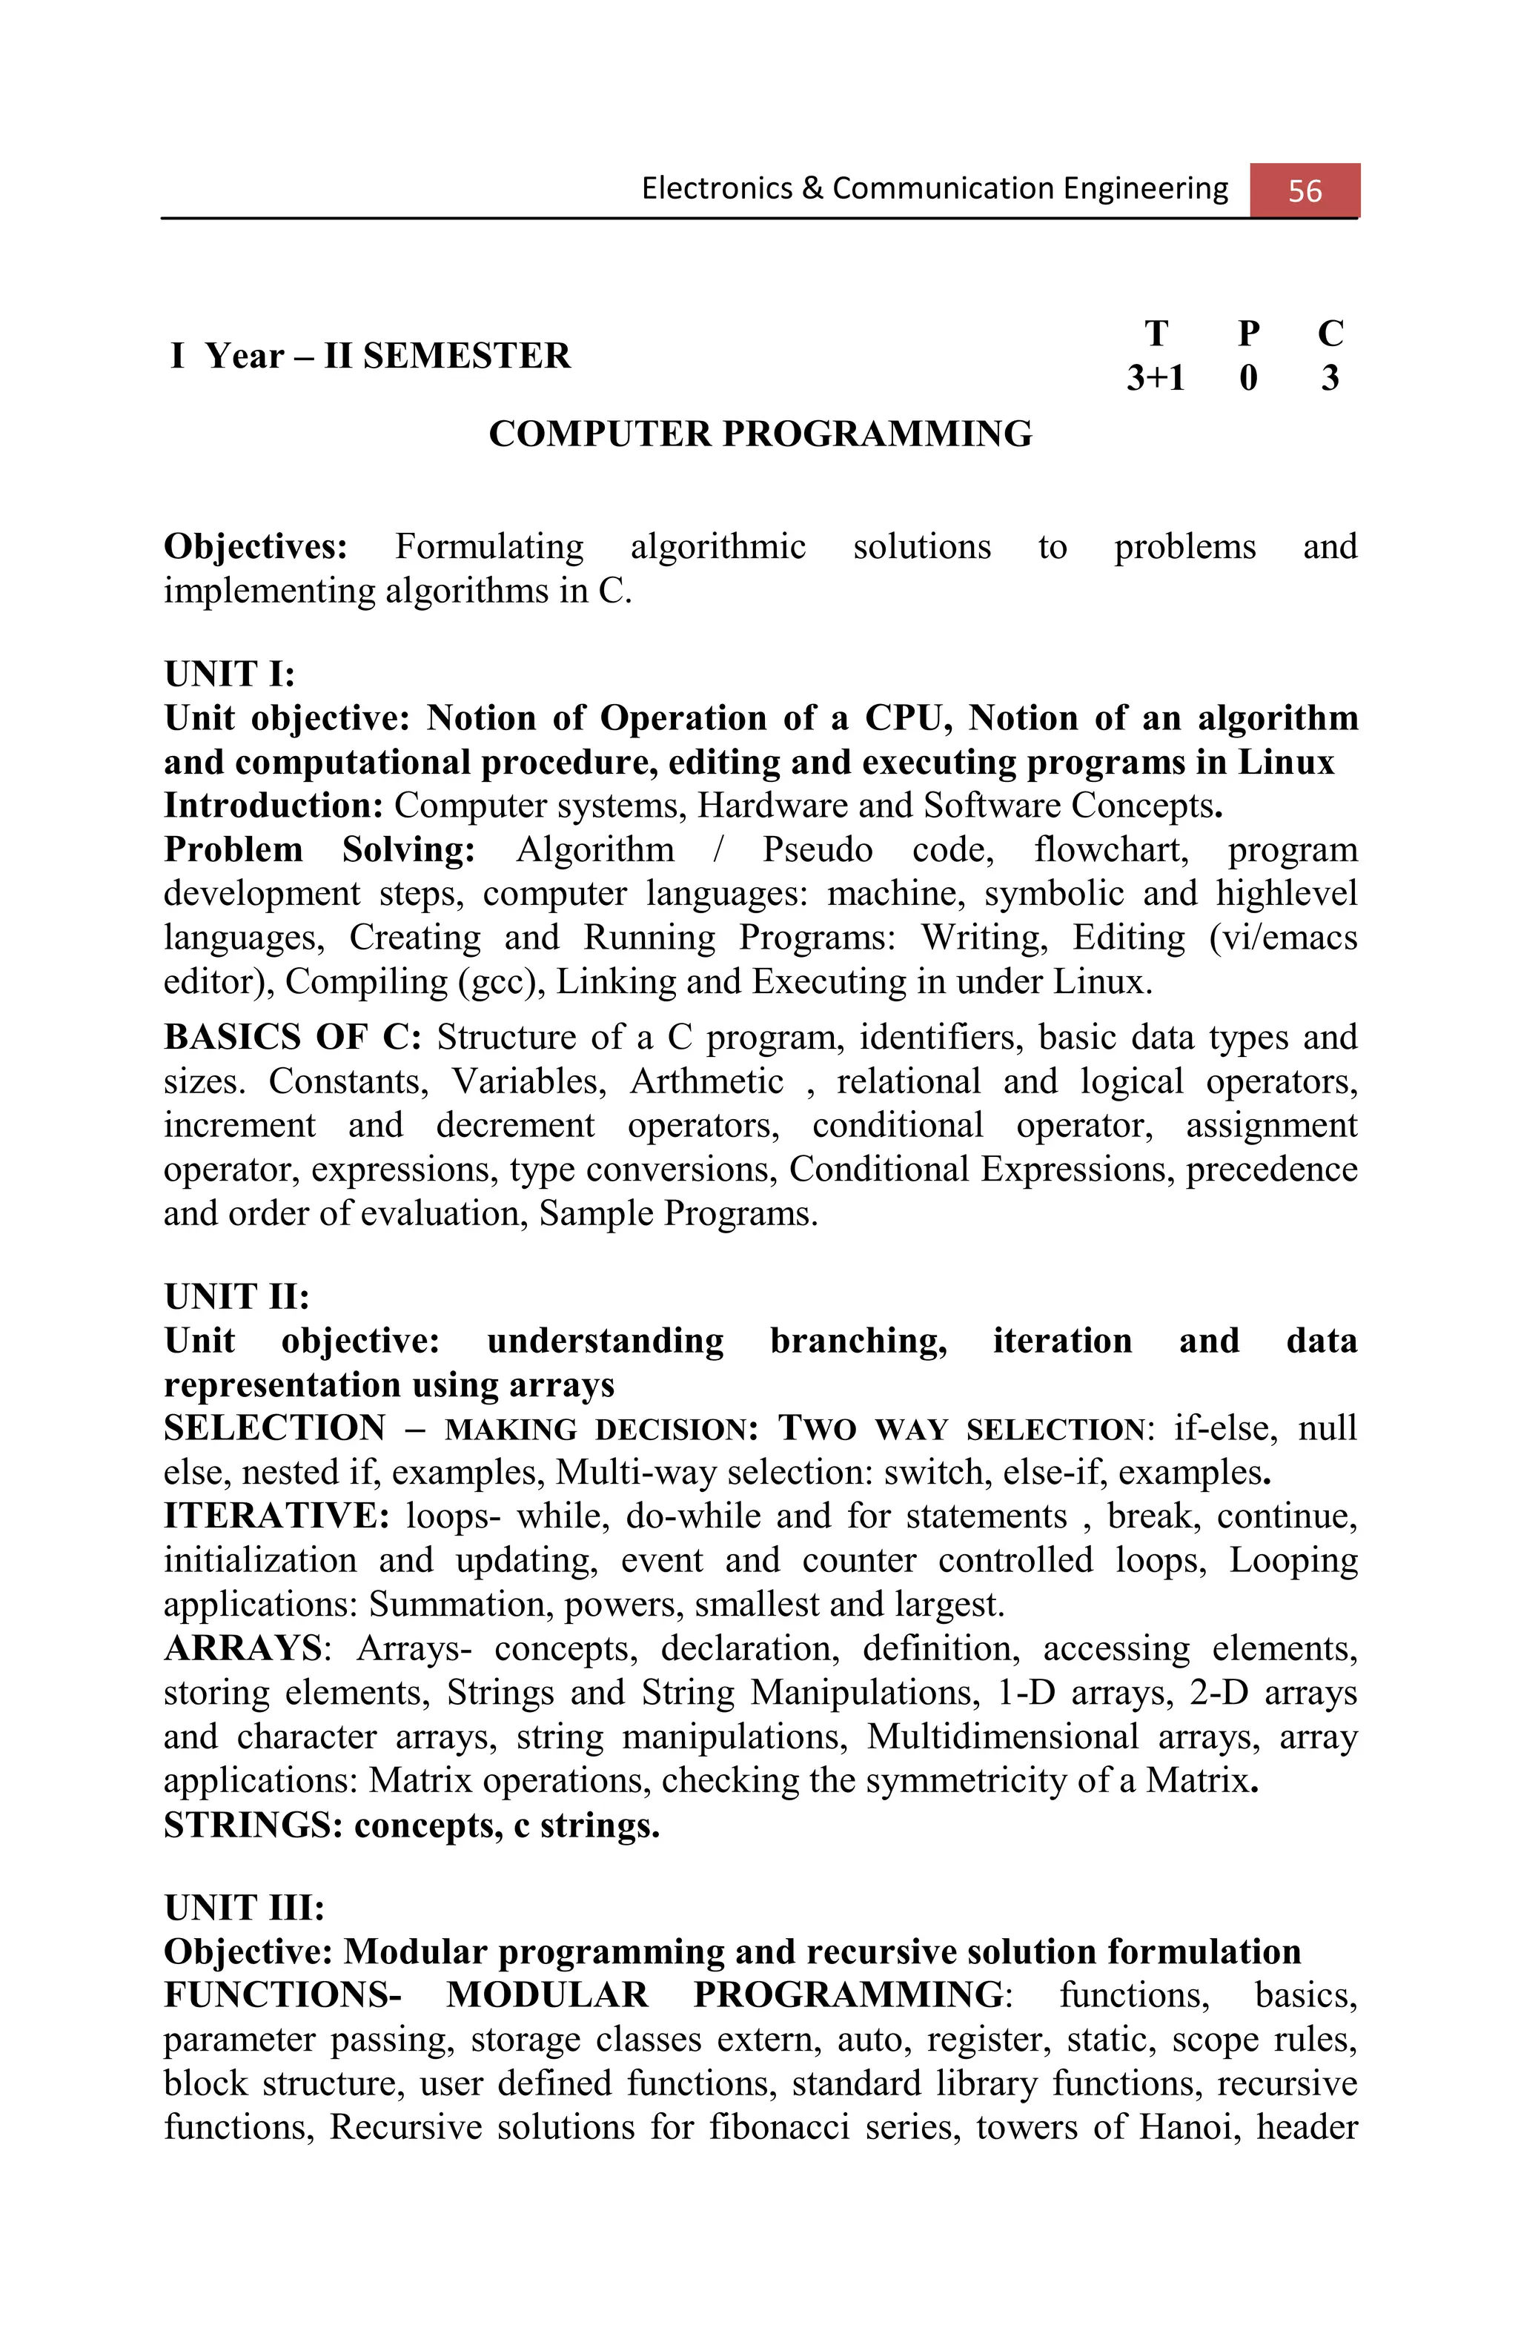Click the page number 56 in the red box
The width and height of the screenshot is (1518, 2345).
pyautogui.click(x=1305, y=190)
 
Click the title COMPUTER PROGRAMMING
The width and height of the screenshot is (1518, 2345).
pyautogui.click(x=760, y=434)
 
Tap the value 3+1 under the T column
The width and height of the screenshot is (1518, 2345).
pyautogui.click(x=1156, y=377)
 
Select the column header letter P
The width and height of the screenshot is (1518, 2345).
pyautogui.click(x=1247, y=334)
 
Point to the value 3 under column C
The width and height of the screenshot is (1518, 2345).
pyautogui.click(x=1330, y=377)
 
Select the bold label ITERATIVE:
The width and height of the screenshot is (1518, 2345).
pyautogui.click(x=276, y=1516)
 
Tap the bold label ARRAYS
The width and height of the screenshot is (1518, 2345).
pyautogui.click(x=242, y=1648)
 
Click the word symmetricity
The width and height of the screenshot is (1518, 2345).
pyautogui.click(x=997, y=1780)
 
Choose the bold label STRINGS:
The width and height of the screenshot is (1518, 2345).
pyautogui.click(x=252, y=1825)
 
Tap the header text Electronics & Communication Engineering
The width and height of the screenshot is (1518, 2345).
pyautogui.click(x=934, y=188)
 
